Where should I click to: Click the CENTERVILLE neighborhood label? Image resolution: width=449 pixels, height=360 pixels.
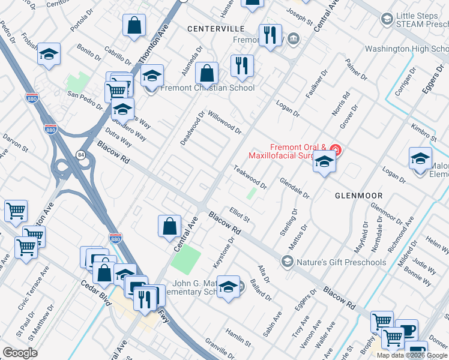(215, 28)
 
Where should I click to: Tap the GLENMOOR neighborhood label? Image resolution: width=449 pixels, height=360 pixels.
(358, 196)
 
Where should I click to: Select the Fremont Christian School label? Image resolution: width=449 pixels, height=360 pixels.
(207, 88)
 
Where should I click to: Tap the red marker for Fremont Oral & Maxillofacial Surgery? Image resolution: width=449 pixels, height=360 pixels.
(336, 149)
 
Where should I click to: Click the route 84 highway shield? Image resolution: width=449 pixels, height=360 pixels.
(80, 155)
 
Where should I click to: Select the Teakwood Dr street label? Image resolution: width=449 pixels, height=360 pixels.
(250, 176)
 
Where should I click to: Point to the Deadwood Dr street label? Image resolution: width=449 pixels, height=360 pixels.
(193, 127)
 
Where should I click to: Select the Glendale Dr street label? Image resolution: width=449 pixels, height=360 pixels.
(294, 187)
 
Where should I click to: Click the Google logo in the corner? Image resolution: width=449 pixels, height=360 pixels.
(20, 353)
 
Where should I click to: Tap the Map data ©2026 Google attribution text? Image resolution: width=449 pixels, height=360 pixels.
(412, 355)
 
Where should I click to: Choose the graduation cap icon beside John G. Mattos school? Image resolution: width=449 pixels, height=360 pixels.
(228, 287)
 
